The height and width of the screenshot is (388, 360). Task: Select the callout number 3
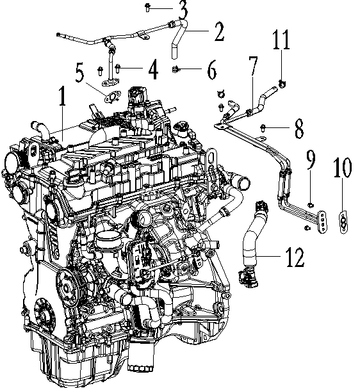pos(183,9)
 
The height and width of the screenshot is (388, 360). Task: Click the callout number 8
pos(299,131)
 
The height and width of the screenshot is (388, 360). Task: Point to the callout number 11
pos(282,42)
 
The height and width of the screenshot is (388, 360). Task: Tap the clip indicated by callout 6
pos(176,69)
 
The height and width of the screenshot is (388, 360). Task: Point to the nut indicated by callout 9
pos(310,205)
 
